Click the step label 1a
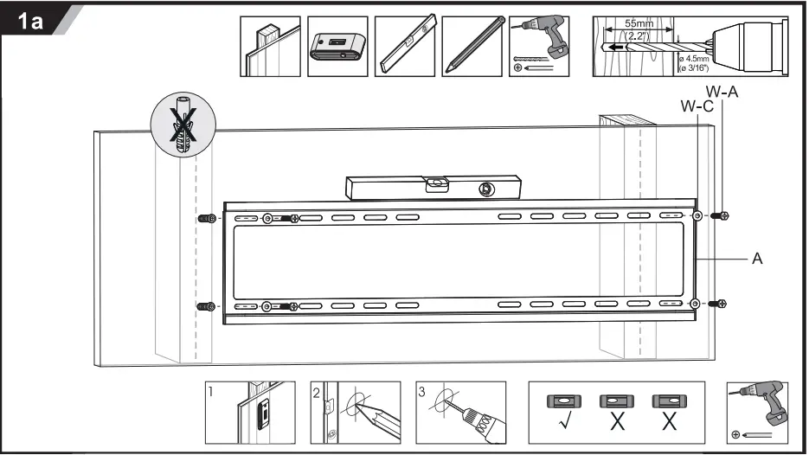point(31,21)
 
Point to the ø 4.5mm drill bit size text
point(692,57)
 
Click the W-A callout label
point(722,92)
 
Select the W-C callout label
point(697,106)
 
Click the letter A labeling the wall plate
point(757,258)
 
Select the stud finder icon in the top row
point(338,46)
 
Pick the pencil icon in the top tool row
point(472,46)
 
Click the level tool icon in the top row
point(405,46)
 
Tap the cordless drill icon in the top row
point(539,46)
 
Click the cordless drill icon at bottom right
point(757,413)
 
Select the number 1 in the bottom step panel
point(210,391)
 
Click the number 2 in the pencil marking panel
point(317,391)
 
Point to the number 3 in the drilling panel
point(421,391)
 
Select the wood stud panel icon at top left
point(270,46)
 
